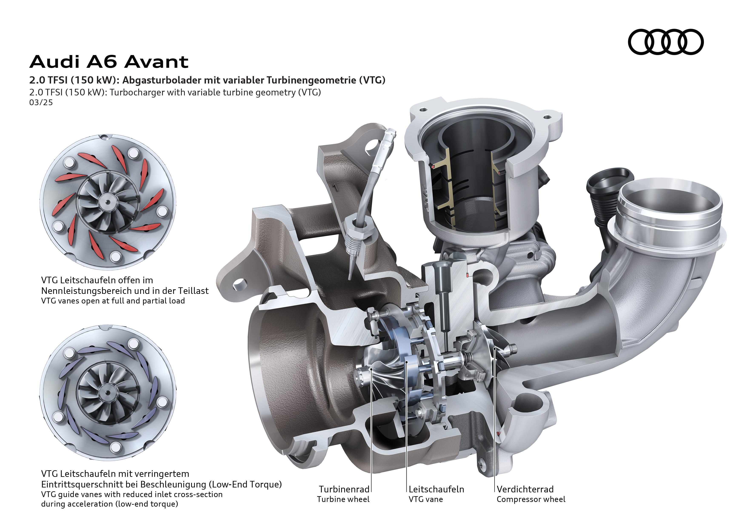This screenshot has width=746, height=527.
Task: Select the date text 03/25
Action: tap(41, 103)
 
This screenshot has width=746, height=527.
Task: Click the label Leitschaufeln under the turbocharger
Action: tap(436, 489)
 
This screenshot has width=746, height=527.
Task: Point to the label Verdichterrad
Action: tap(525, 489)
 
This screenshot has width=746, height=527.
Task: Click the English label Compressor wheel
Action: tap(531, 499)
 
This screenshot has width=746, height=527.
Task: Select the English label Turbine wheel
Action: tap(344, 499)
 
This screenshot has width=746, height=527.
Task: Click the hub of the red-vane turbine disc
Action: tap(108, 202)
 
